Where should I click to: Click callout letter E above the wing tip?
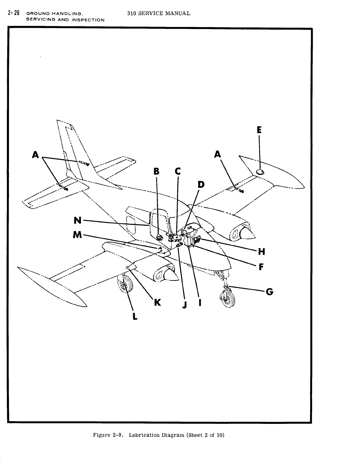pos(259,130)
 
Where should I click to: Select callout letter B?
pos(156,171)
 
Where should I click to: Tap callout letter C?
pos(178,171)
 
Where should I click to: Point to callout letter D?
pos(201,184)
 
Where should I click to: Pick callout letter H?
pos(262,252)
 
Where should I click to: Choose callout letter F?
pos(261,267)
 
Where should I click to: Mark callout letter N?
pos(78,220)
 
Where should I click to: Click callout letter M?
pos(77,235)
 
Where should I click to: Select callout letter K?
pos(157,303)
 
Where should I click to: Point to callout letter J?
pos(185,305)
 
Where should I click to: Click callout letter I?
pos(200,303)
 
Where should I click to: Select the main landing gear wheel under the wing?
pos(126,284)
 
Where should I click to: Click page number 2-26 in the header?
pos(14,13)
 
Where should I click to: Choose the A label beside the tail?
pos(36,155)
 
